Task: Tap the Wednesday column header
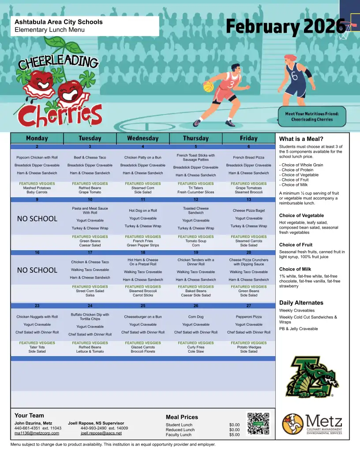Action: coord(142,138)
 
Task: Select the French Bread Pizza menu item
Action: coord(248,158)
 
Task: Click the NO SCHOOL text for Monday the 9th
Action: coord(37,218)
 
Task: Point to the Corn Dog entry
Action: coord(195,317)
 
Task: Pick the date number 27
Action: coord(248,305)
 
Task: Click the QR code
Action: coord(258,424)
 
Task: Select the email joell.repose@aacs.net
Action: coord(101,433)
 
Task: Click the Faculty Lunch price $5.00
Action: coord(234,435)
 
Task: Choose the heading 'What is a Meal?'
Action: coord(301,139)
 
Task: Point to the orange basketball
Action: coord(208,87)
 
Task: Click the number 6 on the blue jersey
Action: coord(295,75)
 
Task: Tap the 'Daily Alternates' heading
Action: coord(301,303)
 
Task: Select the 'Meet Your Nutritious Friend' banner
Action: coord(312,116)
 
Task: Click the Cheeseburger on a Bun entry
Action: coord(142,317)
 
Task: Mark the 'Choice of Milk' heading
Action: coord(296,269)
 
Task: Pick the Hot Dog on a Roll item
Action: coord(142,210)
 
